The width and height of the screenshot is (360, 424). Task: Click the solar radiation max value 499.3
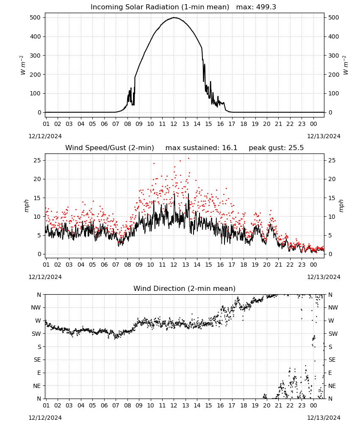(266, 7)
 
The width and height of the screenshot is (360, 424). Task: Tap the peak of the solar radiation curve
(174, 17)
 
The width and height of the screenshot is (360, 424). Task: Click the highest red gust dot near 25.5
(188, 159)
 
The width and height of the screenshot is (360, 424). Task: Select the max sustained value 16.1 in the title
(230, 148)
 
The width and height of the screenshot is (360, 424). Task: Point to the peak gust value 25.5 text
(296, 148)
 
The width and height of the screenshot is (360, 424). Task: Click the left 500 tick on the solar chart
(35, 17)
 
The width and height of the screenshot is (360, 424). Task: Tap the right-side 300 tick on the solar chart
(333, 56)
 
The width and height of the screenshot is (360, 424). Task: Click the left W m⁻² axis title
(23, 65)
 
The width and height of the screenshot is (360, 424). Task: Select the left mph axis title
(26, 206)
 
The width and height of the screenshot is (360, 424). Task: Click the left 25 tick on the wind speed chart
(37, 160)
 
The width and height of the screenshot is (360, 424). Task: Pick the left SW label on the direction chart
(36, 334)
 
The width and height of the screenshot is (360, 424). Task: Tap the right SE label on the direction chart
(332, 360)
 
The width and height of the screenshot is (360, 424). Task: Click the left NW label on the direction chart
(36, 307)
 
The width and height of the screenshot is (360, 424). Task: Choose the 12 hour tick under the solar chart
(174, 124)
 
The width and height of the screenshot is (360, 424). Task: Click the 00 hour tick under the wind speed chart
(313, 265)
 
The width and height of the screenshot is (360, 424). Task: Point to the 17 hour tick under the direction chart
(232, 405)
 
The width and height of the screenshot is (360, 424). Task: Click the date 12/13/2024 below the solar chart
(324, 136)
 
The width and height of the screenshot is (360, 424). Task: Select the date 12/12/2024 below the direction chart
(45, 418)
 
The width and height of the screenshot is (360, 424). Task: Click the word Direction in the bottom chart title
(166, 288)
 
